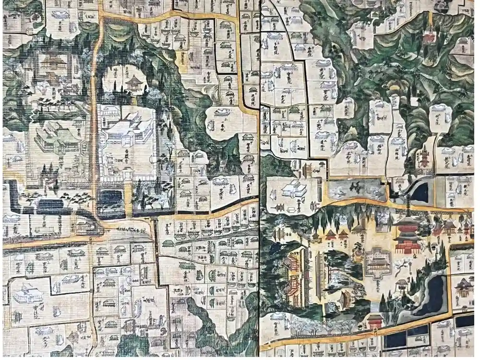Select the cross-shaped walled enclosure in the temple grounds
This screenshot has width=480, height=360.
click(x=378, y=263)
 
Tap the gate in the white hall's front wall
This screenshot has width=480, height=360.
click(x=128, y=174)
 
